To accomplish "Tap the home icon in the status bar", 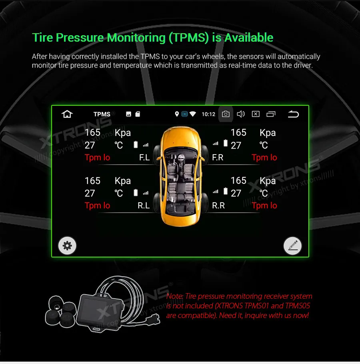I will coord(67,115).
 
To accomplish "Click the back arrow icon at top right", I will coord(293,115).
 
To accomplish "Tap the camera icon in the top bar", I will coord(226,115).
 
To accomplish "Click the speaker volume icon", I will coord(241,115).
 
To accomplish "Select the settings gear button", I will coord(67,245).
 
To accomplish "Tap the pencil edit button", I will coord(292,245).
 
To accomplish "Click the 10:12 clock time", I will coord(208,115).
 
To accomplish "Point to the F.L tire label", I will coord(144,158).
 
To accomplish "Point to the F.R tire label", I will coord(218,158).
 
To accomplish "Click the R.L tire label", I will coord(144,206).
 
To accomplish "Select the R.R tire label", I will coord(218,206).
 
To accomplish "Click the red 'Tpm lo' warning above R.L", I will coord(97,205).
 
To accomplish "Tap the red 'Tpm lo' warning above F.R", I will coord(264,157).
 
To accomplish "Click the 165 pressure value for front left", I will coord(92,133).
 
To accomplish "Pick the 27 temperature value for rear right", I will coord(236,193).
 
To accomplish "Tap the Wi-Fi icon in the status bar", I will coord(193,115).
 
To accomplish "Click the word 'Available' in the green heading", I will coord(248,38).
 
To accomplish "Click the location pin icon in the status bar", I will coord(177,115).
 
